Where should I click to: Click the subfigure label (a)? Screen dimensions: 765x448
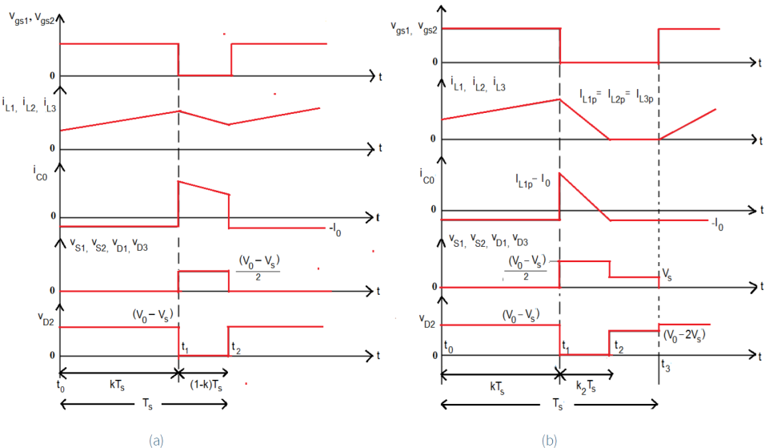(156, 440)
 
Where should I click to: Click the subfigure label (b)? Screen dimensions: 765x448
(550, 440)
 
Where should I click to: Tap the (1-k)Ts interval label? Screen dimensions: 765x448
(206, 385)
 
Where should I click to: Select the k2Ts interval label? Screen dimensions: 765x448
(586, 387)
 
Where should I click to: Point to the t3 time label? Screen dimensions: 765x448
(666, 365)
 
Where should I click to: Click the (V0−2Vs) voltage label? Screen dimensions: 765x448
(684, 336)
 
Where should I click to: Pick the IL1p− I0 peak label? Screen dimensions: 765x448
(533, 182)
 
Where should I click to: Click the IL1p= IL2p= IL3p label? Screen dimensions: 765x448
(616, 96)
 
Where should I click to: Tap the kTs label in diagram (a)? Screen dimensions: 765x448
(117, 385)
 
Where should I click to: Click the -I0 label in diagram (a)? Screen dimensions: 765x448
(335, 229)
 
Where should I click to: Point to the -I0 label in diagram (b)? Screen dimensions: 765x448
(717, 224)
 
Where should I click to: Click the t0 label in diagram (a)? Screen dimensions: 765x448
(61, 386)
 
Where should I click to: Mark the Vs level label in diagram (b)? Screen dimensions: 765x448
(667, 275)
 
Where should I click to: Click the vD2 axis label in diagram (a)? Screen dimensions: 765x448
(46, 319)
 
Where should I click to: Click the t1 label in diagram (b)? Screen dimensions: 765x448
(566, 346)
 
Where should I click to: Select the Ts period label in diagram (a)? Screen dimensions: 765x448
(147, 404)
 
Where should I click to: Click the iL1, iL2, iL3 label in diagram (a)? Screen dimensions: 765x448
(30, 104)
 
